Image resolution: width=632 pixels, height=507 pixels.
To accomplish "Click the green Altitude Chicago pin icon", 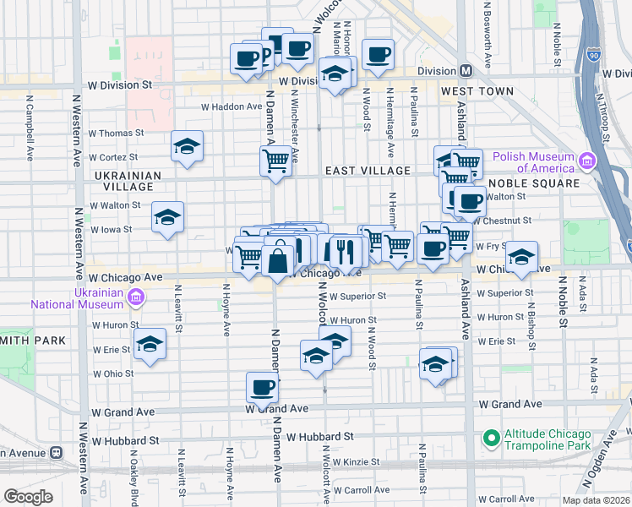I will (x=490, y=439).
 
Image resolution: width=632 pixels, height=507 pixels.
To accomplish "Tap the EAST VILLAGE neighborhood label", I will (x=368, y=170).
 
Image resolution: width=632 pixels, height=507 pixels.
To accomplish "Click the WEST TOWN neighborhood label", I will (x=477, y=90).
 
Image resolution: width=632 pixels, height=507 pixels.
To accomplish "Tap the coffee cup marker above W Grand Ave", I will (x=263, y=388).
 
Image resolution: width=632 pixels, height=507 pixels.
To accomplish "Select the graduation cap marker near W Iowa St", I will (x=167, y=218).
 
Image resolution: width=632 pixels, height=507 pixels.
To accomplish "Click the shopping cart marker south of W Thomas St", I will (x=276, y=160).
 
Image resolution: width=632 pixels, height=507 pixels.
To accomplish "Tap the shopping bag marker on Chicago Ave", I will (x=278, y=258).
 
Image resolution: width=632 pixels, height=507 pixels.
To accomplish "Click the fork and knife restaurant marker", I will (x=345, y=250).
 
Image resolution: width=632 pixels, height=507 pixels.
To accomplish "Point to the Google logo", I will (x=28, y=496).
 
